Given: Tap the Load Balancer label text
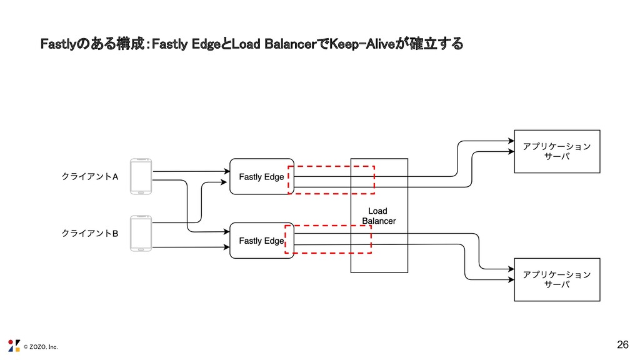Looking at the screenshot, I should (x=379, y=216).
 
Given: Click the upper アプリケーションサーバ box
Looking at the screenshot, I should (x=556, y=151).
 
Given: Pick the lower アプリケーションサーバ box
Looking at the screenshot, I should (x=556, y=279).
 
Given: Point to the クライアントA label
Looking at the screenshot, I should (x=89, y=177).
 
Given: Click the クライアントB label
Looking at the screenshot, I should (x=89, y=233).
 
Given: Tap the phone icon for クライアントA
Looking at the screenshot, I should (x=141, y=176).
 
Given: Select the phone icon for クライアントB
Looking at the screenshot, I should (x=141, y=232).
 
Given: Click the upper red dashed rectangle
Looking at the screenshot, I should (x=331, y=167).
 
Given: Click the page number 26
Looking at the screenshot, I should (x=622, y=344).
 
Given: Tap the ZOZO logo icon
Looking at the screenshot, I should (x=14, y=345).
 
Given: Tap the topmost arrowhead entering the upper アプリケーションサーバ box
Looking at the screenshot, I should (x=510, y=141).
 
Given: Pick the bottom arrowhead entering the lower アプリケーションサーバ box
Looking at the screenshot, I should (x=510, y=279).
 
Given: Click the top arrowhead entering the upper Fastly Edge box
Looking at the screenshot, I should (x=227, y=171).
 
